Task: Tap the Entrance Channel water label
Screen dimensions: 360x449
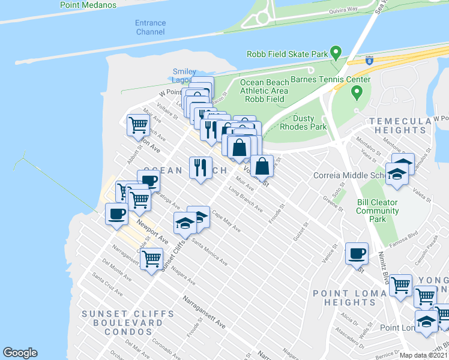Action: (x=150, y=28)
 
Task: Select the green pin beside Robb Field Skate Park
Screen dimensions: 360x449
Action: (x=336, y=53)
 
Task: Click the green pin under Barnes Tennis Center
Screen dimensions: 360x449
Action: (x=357, y=92)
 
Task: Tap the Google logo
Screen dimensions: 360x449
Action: (x=20, y=353)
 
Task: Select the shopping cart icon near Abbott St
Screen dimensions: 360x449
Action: (x=138, y=125)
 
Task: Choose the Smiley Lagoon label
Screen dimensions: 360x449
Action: (x=184, y=76)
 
